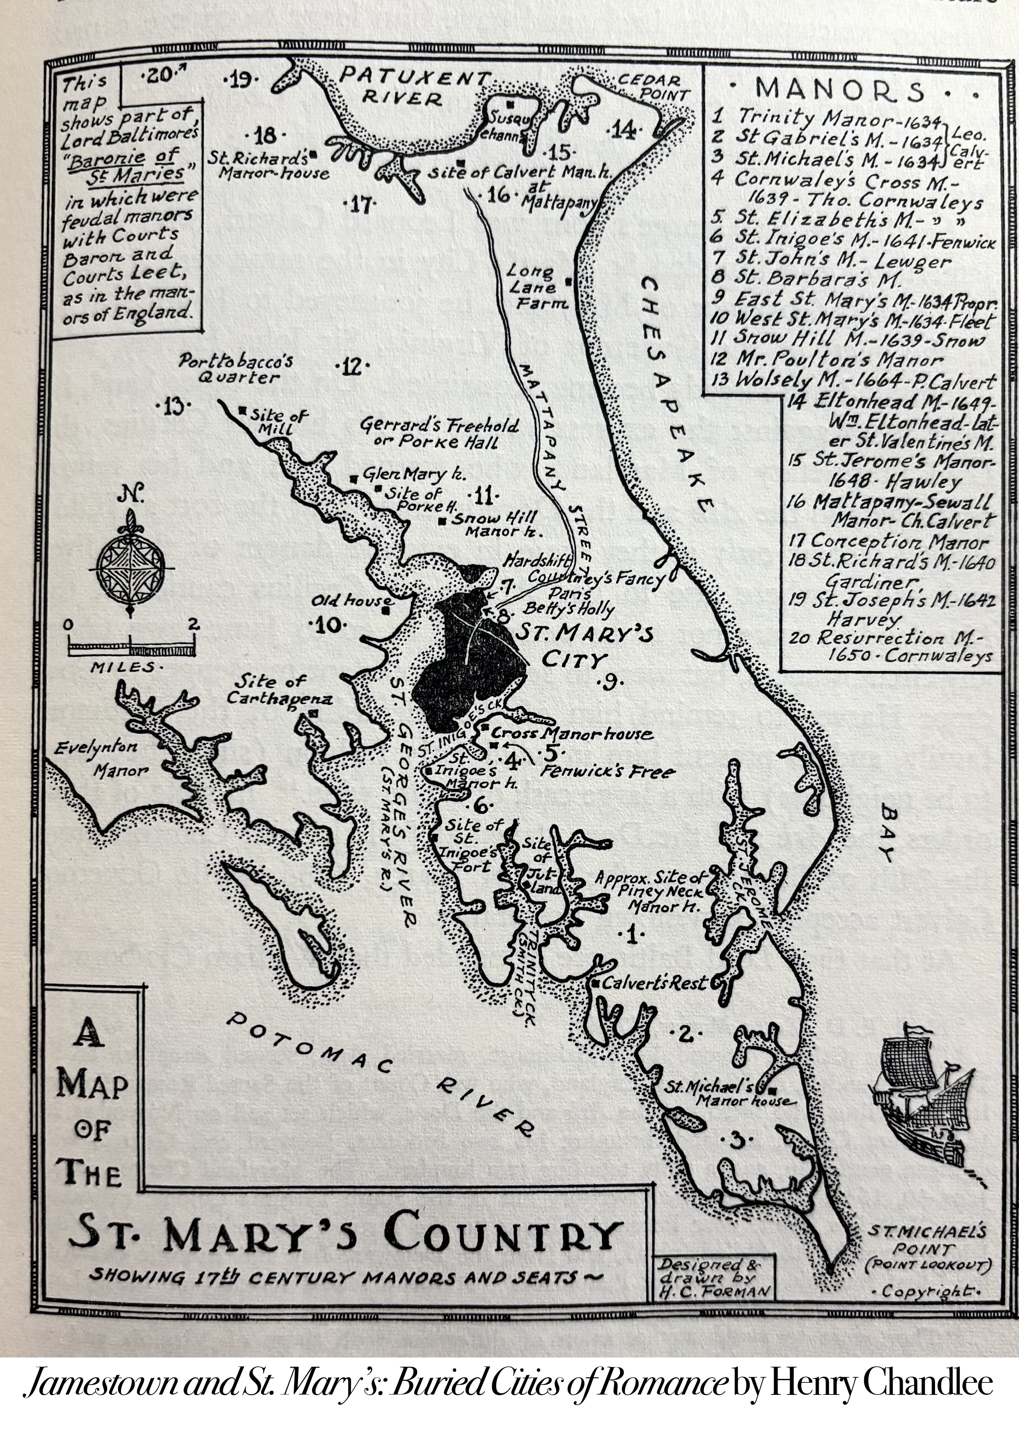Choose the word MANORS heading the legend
pyautogui.click(x=841, y=91)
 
